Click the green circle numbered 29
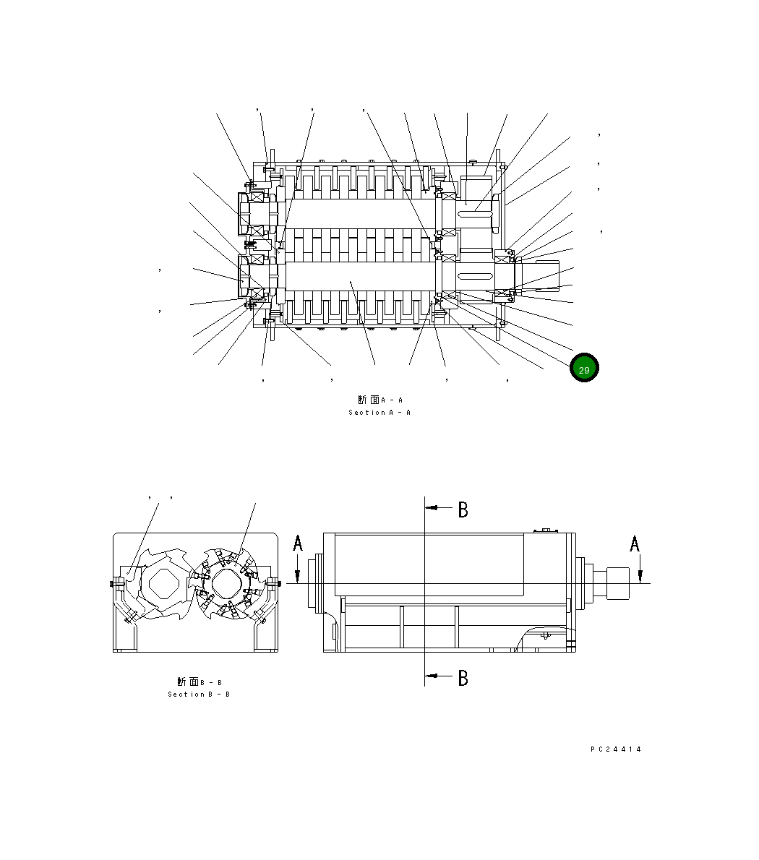pos(584,369)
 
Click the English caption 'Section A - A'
pos(379,413)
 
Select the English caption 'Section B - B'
pos(199,695)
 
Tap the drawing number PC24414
pos(616,749)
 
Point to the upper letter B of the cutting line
pos(463,510)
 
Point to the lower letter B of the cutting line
pos(463,679)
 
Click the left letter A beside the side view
pos(298,543)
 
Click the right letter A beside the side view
pos(635,543)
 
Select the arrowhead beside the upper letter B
pos(432,508)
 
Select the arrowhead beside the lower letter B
pos(432,676)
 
